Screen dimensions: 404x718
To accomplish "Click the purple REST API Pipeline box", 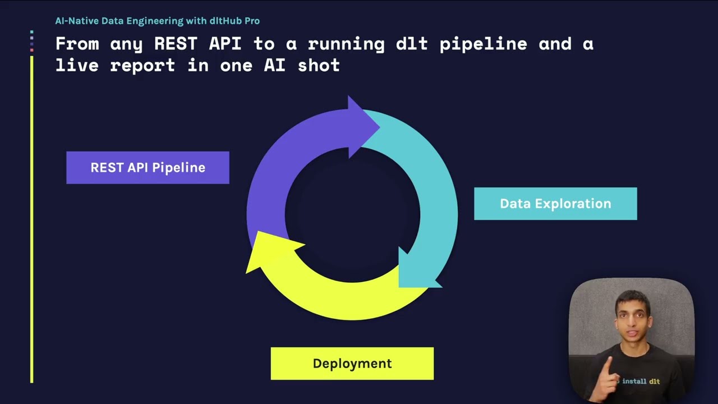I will pos(148,167).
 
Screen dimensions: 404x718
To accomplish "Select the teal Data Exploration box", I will pos(555,204).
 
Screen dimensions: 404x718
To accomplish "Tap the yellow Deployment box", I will pos(352,363).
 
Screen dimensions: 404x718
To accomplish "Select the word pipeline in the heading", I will pos(483,44).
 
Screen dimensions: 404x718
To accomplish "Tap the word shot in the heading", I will pos(319,65).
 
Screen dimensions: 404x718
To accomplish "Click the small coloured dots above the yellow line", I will pos(31,41).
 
